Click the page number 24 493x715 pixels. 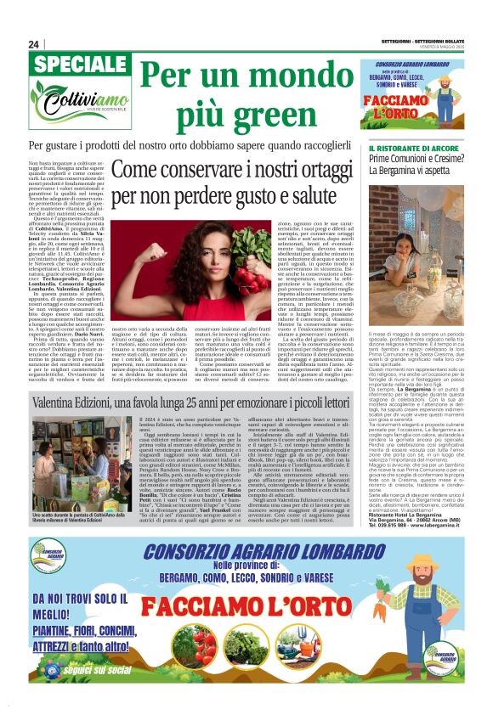coord(34,43)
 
